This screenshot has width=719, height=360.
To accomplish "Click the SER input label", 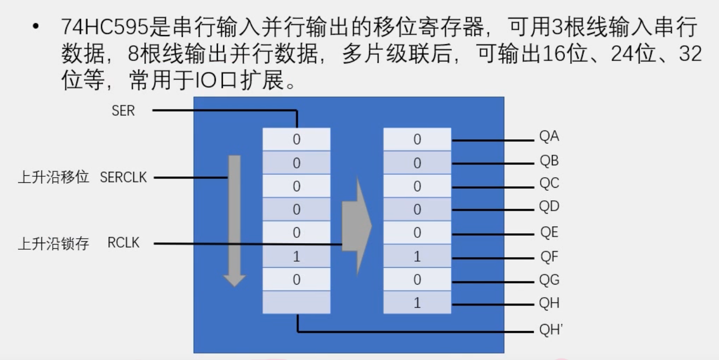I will coord(123,110).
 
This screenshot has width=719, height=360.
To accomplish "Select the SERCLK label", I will coord(123,177).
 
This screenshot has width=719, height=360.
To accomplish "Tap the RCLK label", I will coord(123,244).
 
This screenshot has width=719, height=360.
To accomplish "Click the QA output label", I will coord(549,137).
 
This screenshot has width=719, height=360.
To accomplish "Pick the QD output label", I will coord(549,207).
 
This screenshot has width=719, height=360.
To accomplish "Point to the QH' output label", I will coord(551,330).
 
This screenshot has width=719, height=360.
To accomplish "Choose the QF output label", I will coord(549,257).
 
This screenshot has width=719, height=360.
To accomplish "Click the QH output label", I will coord(549,303).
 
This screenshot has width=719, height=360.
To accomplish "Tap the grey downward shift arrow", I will coord(234,220).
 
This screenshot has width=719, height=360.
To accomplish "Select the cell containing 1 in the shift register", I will coord(297,257).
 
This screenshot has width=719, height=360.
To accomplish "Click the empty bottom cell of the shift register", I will coord(297,302).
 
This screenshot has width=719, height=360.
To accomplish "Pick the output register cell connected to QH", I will coord(417,303).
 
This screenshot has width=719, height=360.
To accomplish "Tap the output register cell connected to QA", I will coord(417,140).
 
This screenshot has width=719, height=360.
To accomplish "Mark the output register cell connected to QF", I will coord(417,257).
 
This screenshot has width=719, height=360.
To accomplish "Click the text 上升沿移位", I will coord(53,178).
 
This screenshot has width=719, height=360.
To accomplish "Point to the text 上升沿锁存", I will coord(53,244).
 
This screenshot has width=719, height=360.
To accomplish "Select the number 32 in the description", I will coord(691,53).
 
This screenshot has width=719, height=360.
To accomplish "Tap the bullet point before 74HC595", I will coord(35,27).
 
